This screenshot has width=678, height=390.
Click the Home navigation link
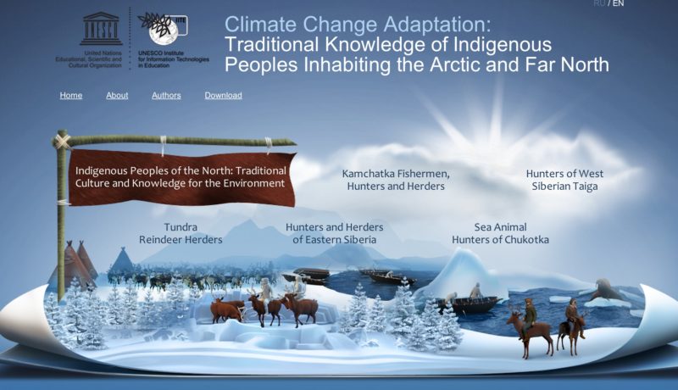click(71, 96)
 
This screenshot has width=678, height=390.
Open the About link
click(117, 96)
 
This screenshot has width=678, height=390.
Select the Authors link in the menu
click(166, 96)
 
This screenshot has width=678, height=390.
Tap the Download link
click(223, 96)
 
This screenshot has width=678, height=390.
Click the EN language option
click(619, 3)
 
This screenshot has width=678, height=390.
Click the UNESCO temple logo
click(101, 29)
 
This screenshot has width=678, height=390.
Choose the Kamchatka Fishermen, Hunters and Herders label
click(396, 180)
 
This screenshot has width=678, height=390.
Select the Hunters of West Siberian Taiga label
click(564, 180)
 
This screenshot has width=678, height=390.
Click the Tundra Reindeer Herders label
click(181, 233)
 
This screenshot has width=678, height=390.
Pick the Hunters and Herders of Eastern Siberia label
click(334, 233)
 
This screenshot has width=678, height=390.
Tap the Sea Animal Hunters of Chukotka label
click(500, 233)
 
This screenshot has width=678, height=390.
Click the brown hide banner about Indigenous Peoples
click(181, 178)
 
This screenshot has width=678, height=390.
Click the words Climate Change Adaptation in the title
click(358, 25)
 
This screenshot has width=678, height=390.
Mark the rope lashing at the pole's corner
click(63, 141)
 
